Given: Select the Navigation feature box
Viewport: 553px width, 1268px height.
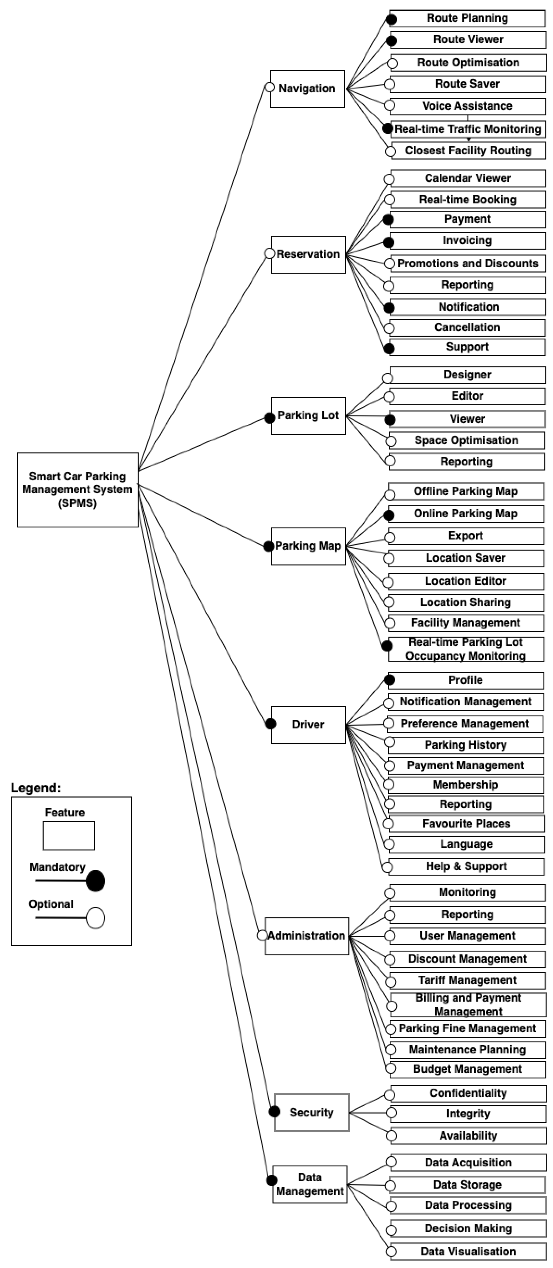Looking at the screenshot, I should click(x=307, y=89).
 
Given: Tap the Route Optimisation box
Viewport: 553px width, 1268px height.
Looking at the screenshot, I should click(x=468, y=63).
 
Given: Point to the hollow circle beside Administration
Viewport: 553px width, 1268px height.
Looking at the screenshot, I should click(x=262, y=935).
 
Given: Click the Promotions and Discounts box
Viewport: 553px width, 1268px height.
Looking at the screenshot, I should click(x=468, y=263).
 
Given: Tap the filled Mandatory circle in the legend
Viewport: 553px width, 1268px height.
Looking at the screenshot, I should click(x=95, y=881).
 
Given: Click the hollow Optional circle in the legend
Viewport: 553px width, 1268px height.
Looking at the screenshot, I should click(x=95, y=918).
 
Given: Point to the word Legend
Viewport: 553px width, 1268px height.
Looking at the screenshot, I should click(x=35, y=788).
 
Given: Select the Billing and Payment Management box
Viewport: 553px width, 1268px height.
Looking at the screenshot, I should click(x=468, y=1005).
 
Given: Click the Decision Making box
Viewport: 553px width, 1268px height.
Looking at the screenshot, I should click(x=468, y=1228).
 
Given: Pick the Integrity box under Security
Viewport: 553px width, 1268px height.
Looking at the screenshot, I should click(x=468, y=1113).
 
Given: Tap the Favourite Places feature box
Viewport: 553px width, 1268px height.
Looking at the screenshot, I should click(x=466, y=823).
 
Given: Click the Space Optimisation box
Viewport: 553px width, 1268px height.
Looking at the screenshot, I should click(x=466, y=440).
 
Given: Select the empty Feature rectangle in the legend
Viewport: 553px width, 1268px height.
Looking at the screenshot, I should click(x=69, y=835).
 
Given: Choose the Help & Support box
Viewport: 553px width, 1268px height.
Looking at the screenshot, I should click(x=466, y=866).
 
